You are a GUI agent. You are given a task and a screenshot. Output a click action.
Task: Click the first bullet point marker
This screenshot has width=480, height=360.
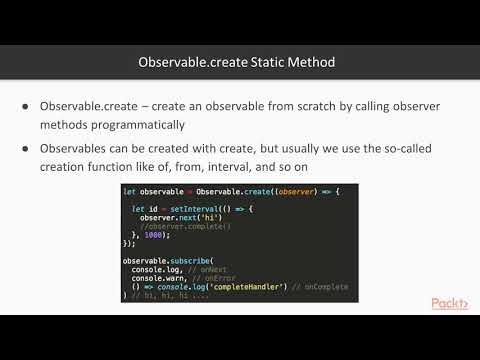(x=25, y=106)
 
